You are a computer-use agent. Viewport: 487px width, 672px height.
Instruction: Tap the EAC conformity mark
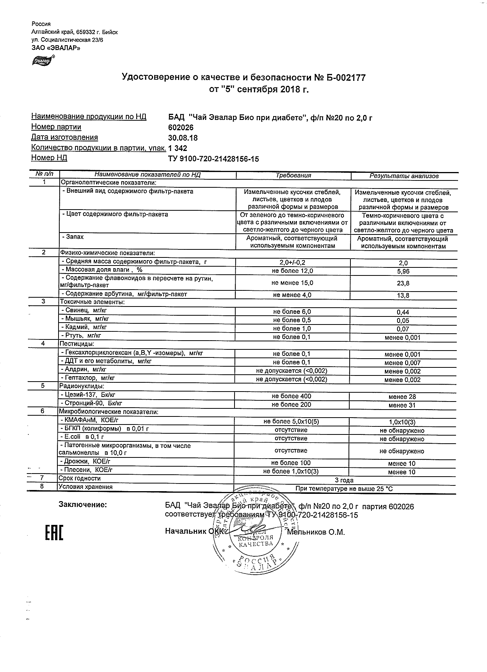pyautogui.click(x=54, y=533)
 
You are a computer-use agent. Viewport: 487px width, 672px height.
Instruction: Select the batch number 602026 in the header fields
pyautogui.click(x=181, y=128)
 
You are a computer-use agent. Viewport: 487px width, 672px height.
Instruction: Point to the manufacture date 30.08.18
pyautogui.click(x=183, y=138)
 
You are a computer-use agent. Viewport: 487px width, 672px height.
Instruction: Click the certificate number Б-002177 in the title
pyautogui.click(x=345, y=78)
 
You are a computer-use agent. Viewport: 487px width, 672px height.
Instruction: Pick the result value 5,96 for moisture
pyautogui.click(x=403, y=271)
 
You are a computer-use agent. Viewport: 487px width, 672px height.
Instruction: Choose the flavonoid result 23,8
pyautogui.click(x=403, y=284)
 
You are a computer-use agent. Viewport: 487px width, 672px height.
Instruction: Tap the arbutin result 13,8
pyautogui.click(x=403, y=295)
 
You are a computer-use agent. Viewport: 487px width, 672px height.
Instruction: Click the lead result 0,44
pyautogui.click(x=403, y=312)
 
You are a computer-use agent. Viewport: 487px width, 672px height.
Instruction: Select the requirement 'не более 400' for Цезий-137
pyautogui.click(x=292, y=396)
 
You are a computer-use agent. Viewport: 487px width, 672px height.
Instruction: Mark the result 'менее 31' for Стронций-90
pyautogui.click(x=402, y=405)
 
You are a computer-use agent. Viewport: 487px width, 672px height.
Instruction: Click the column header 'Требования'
pyautogui.click(x=293, y=175)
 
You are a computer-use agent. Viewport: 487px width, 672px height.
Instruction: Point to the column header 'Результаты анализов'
pyautogui.click(x=404, y=176)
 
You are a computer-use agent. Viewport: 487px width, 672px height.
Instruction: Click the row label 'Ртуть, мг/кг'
pyautogui.click(x=81, y=336)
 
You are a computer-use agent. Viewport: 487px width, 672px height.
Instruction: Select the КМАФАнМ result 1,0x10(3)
pyautogui.click(x=402, y=422)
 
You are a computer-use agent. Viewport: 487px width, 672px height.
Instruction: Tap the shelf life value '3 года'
pyautogui.click(x=344, y=480)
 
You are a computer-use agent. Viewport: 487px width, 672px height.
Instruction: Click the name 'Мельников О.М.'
pyautogui.click(x=316, y=532)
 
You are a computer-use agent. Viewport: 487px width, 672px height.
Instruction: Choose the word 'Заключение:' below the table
pyautogui.click(x=83, y=505)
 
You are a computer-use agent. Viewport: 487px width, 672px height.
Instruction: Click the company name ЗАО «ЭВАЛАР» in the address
pyautogui.click(x=56, y=48)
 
